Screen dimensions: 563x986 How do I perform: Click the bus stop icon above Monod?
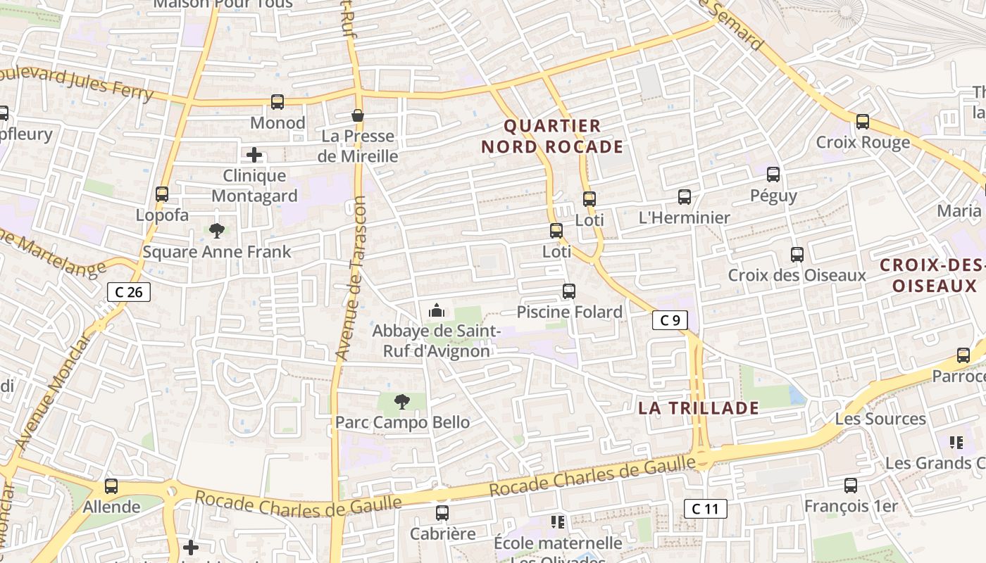coord(277,102)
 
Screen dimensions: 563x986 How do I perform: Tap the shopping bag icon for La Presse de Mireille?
coord(358,115)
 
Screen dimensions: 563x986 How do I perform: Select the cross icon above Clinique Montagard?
coord(254,155)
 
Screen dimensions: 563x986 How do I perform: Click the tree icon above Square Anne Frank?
coord(217,230)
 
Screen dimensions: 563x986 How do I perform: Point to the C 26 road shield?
coord(129,291)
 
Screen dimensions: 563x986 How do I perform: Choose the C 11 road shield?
coord(705,509)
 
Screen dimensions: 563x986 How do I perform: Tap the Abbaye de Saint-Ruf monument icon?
coord(437,310)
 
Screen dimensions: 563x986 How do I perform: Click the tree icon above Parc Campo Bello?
coord(402,402)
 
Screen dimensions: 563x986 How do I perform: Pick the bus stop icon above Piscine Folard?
coord(569,291)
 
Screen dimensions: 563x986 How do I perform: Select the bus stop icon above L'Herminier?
coord(684,197)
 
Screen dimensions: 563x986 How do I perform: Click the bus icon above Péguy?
coord(773,175)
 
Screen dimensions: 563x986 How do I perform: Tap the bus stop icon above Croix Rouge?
coord(863,122)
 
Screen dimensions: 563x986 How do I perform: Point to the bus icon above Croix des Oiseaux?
coord(797,255)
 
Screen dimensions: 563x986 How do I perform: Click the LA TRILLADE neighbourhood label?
coord(699,408)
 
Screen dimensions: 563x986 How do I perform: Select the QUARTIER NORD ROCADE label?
coord(552,137)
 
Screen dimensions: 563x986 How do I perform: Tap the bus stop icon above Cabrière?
coord(442,513)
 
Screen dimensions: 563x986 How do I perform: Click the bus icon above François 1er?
coord(851,485)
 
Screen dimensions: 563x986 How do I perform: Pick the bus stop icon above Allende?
coord(111,486)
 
